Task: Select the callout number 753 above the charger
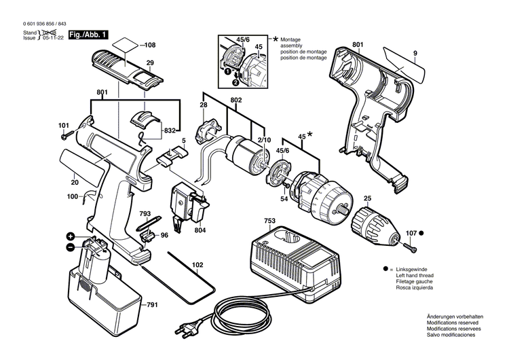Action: (x=270, y=221)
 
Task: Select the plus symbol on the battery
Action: (x=70, y=236)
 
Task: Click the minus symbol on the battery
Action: (x=70, y=247)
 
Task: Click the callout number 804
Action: (x=200, y=230)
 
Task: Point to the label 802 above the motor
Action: (x=235, y=101)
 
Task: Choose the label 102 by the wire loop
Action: (x=197, y=265)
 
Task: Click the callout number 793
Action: (x=145, y=213)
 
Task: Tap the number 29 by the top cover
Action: (x=150, y=62)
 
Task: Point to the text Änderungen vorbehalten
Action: (x=455, y=317)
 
